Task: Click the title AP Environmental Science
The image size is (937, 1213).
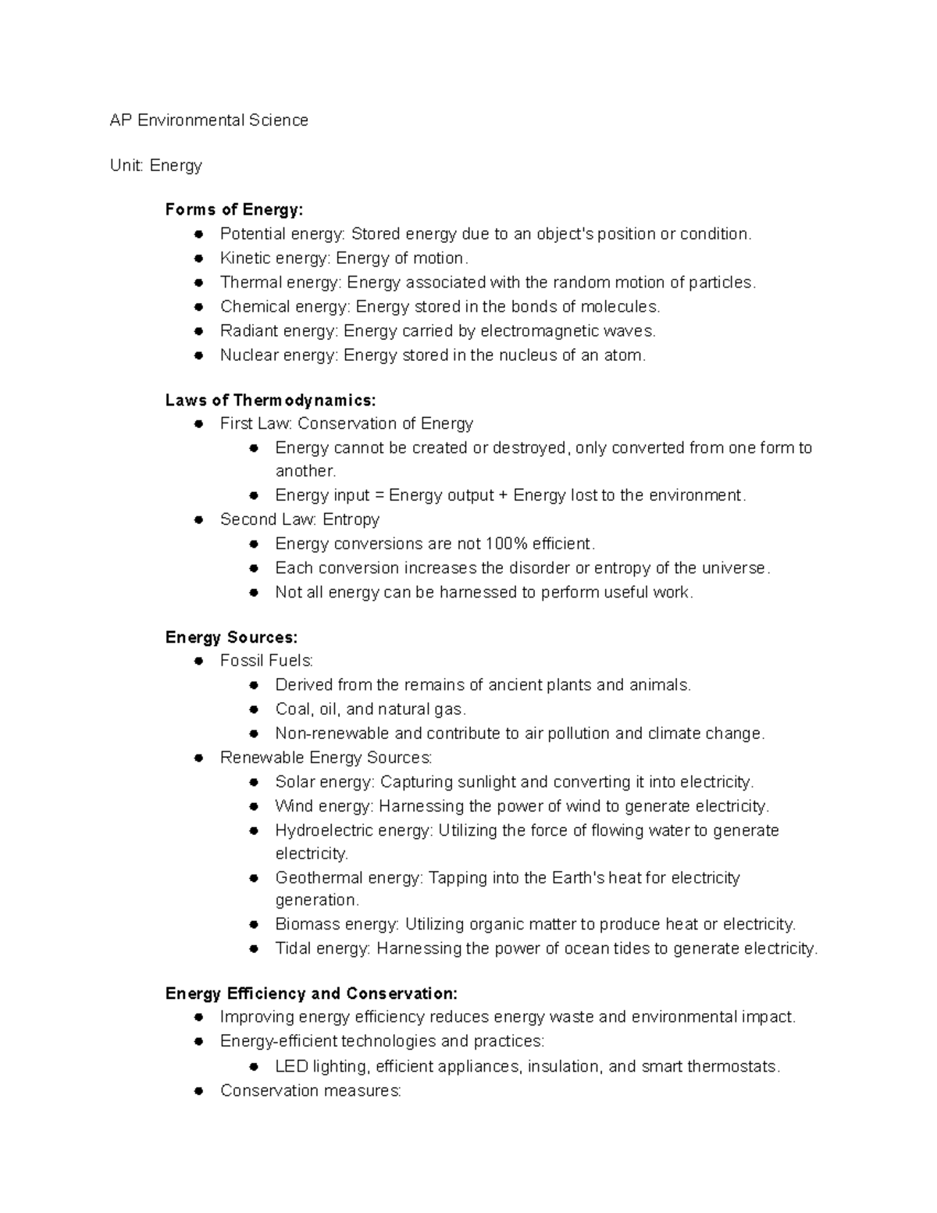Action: click(x=208, y=120)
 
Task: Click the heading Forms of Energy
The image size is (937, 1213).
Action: click(x=233, y=209)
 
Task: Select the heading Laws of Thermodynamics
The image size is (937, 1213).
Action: click(x=270, y=400)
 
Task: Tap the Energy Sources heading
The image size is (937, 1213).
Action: click(x=231, y=637)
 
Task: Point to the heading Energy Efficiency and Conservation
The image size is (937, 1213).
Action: click(x=311, y=994)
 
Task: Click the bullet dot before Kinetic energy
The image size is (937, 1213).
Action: click(x=199, y=258)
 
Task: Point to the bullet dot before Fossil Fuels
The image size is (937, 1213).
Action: click(x=199, y=662)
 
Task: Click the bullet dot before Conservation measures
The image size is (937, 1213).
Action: click(x=199, y=1091)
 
